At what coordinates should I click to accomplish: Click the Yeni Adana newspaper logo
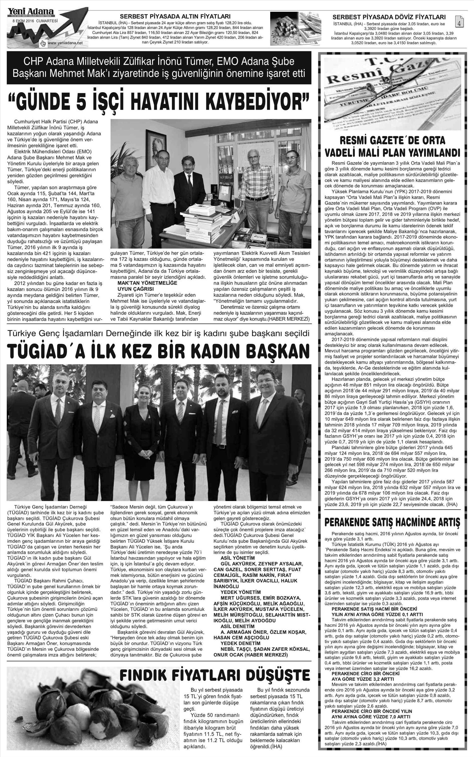pos(31,12)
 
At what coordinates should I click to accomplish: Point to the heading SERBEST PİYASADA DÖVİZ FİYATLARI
pos(389,17)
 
